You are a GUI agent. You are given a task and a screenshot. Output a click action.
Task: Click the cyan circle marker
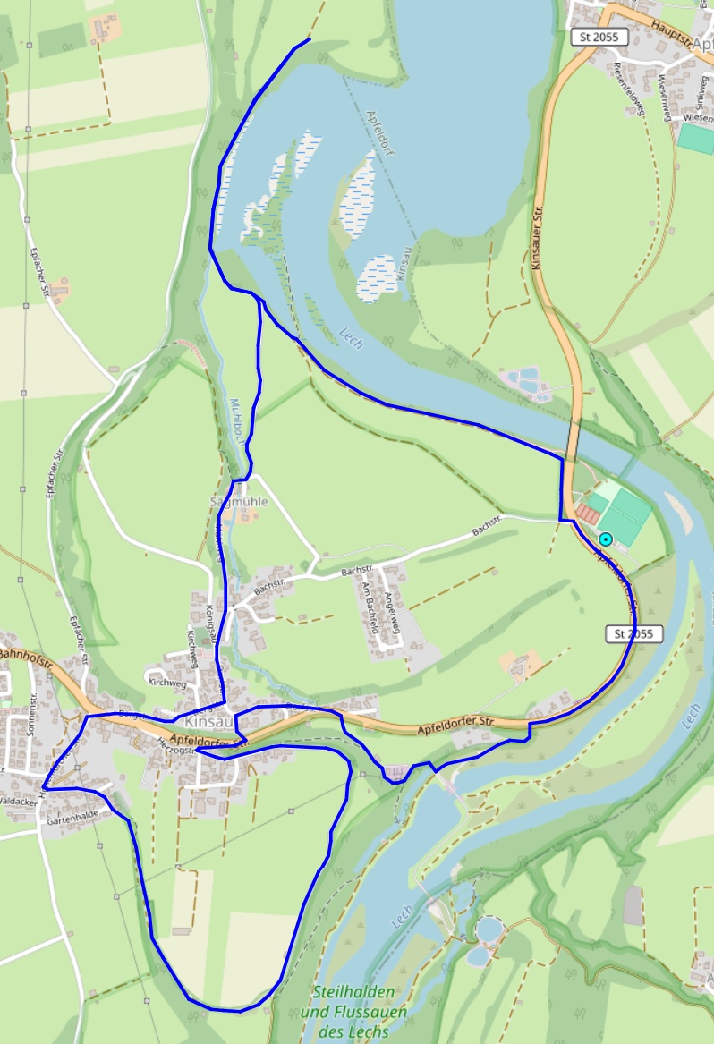(x=606, y=539)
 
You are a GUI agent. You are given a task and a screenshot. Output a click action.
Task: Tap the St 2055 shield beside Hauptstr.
(x=599, y=37)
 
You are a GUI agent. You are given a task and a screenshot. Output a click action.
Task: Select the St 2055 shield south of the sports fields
(x=634, y=633)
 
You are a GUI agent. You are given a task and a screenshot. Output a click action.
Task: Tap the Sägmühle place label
(x=239, y=502)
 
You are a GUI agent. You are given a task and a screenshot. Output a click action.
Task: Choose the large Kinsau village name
(x=208, y=720)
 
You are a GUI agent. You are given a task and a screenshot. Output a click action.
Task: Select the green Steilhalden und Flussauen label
(x=353, y=1012)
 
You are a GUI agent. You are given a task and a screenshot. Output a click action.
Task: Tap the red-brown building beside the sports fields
(x=589, y=514)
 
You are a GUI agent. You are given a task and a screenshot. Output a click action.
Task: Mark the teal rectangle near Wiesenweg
(x=695, y=138)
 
